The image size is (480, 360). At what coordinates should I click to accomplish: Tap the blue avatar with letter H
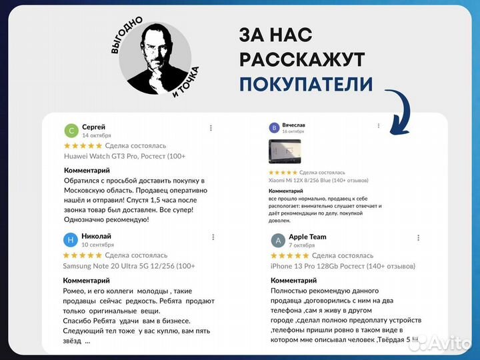point(71,240)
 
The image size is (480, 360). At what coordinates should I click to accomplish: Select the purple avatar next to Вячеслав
point(274,127)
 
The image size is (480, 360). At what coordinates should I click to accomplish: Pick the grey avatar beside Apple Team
point(279,240)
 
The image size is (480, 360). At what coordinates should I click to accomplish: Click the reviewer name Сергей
point(93,127)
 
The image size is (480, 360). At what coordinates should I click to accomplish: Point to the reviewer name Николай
point(97,236)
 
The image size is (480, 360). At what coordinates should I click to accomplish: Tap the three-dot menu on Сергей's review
point(211,128)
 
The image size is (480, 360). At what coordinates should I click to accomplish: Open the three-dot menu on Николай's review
point(213,237)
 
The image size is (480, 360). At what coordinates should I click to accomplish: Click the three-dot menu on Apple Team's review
point(419,238)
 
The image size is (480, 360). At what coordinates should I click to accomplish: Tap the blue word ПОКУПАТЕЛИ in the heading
point(306,85)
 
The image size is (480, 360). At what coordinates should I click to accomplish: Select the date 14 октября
point(97,135)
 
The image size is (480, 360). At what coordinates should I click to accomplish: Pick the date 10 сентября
point(97,245)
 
